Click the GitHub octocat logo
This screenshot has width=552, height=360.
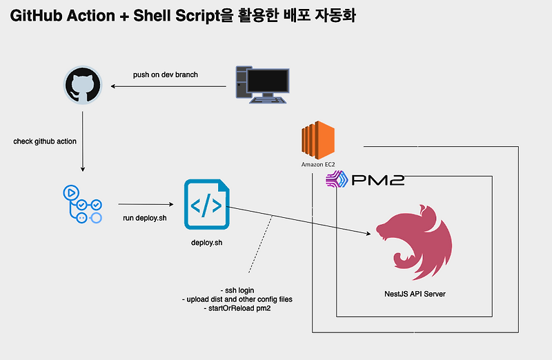click(x=83, y=86)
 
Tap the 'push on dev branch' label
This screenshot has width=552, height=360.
click(x=166, y=74)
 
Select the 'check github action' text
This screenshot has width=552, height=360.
click(x=45, y=141)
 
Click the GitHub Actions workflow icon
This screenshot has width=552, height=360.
click(x=82, y=203)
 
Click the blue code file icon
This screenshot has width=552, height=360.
click(x=206, y=204)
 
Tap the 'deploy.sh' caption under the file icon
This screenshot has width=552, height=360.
click(x=206, y=243)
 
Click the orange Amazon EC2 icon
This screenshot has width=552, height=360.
click(x=317, y=141)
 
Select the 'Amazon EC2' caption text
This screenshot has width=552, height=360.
click(x=317, y=165)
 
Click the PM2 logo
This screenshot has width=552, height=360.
click(x=365, y=181)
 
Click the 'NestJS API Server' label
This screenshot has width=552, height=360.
click(x=414, y=294)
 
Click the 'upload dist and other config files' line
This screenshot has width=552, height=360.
click(x=239, y=299)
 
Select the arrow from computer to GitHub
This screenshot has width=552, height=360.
click(x=169, y=86)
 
